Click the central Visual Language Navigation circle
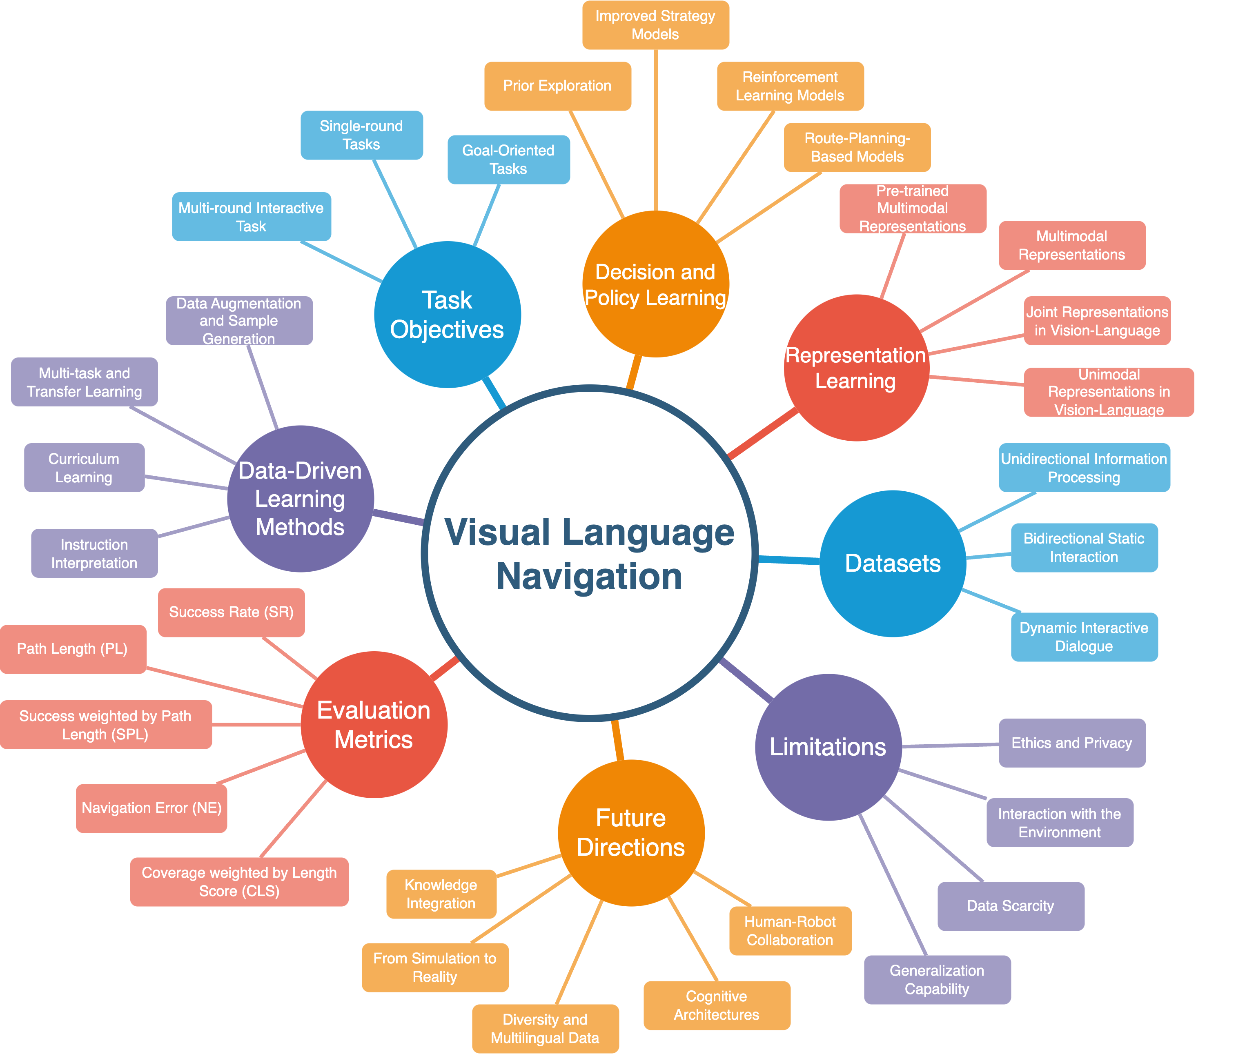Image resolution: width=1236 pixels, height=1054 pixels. tap(589, 553)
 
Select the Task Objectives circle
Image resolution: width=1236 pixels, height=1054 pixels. tap(448, 314)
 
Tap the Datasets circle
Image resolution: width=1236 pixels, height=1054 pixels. tap(893, 564)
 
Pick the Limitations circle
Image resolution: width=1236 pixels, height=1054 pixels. tap(828, 747)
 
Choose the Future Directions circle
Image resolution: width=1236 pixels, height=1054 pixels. tap(631, 832)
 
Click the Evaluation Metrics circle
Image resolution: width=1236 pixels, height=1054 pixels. tap(374, 724)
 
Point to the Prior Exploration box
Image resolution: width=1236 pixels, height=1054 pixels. tap(557, 86)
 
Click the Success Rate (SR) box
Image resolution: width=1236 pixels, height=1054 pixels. tap(232, 612)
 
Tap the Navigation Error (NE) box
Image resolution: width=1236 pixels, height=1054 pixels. tap(151, 808)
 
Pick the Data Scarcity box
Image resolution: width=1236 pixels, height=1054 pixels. tap(1011, 906)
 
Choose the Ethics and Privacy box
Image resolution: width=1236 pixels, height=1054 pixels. tap(1072, 743)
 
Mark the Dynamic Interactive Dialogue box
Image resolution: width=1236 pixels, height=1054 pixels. tap(1084, 637)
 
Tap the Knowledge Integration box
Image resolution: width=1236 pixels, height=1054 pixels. tap(441, 894)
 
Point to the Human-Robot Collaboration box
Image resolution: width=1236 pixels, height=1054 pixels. tap(790, 931)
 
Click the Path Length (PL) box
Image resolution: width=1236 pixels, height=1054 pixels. tap(73, 649)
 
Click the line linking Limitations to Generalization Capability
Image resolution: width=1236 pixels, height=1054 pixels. tap(893, 885)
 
